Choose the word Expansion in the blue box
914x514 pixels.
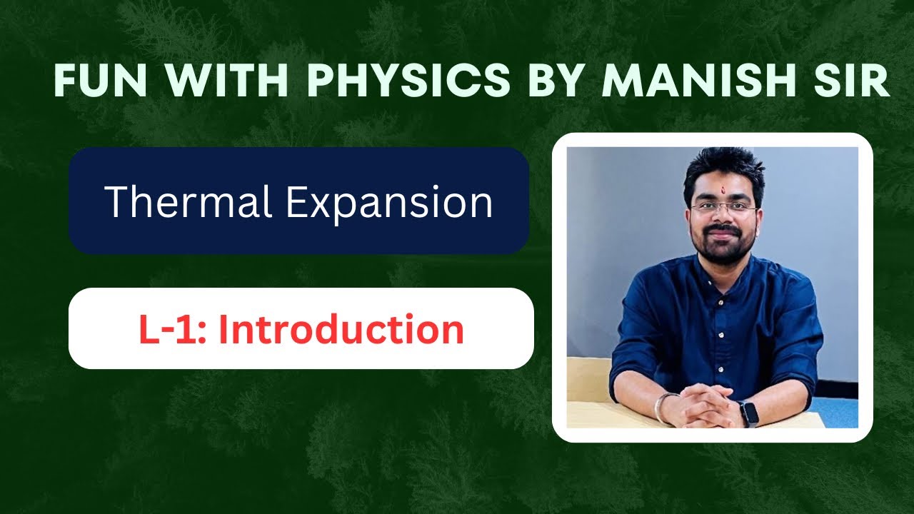[389, 202]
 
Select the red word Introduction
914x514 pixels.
[341, 330]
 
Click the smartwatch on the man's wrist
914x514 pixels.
[748, 413]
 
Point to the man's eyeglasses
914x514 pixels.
[723, 208]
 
